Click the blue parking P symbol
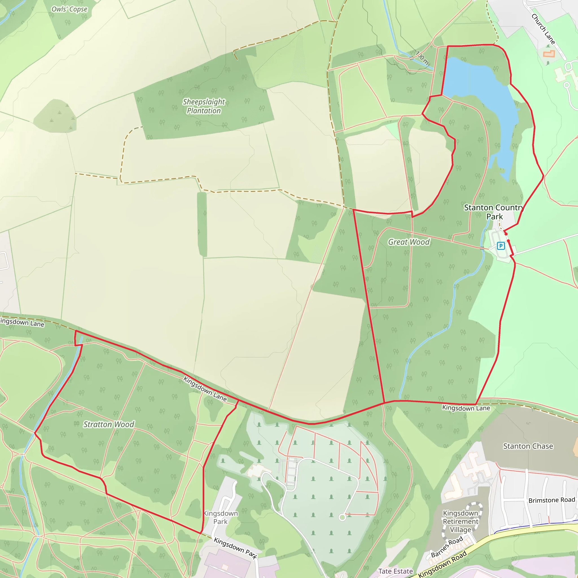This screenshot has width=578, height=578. (x=501, y=246)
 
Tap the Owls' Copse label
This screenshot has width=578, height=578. (x=69, y=9)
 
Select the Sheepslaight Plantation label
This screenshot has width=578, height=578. (x=204, y=106)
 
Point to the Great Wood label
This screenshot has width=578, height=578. (x=409, y=242)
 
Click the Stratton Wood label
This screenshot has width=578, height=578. (x=109, y=424)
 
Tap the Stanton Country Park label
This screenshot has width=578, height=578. (x=494, y=212)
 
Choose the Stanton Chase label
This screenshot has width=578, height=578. (x=528, y=446)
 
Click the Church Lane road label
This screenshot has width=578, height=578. (x=543, y=29)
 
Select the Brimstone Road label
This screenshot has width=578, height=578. (x=552, y=500)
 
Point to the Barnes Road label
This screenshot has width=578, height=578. (x=447, y=547)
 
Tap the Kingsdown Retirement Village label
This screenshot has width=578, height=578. (x=460, y=522)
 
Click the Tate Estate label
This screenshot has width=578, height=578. (x=395, y=571)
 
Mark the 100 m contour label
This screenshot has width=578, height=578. (x=422, y=58)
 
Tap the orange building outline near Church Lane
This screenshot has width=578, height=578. (x=549, y=54)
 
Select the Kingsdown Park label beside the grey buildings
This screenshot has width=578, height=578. (x=220, y=517)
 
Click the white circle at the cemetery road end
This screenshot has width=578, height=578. (x=342, y=517)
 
